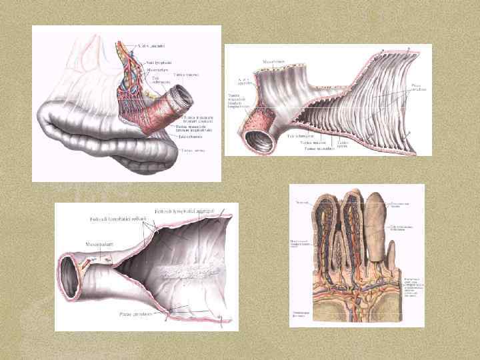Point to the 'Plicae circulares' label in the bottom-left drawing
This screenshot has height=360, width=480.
pyautogui.click(x=134, y=313)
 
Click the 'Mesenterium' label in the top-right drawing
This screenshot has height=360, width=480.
pyautogui.click(x=273, y=62)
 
